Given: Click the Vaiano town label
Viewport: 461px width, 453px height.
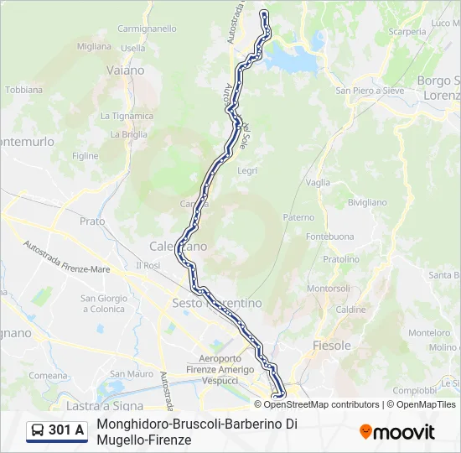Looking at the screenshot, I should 125,70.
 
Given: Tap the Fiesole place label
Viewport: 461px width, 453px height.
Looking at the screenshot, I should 332,345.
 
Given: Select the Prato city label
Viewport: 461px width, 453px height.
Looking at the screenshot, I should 92,221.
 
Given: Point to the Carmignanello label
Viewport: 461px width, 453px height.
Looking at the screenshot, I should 148,28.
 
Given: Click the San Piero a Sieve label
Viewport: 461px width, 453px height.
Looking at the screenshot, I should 370,90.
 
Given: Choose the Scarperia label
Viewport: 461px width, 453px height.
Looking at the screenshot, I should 407,32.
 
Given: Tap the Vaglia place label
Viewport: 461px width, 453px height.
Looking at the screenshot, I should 318,182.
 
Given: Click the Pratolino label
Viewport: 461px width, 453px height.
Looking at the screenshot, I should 340,259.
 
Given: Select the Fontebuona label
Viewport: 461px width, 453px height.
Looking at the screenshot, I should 325,237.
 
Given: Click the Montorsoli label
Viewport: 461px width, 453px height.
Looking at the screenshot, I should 329,288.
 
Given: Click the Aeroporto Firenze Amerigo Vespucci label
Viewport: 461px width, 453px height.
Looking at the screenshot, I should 220,369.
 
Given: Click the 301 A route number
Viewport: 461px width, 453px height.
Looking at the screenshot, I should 66,430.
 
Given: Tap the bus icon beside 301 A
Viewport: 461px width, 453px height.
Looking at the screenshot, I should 38,430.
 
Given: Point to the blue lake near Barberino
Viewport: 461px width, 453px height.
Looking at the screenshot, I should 294,59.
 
